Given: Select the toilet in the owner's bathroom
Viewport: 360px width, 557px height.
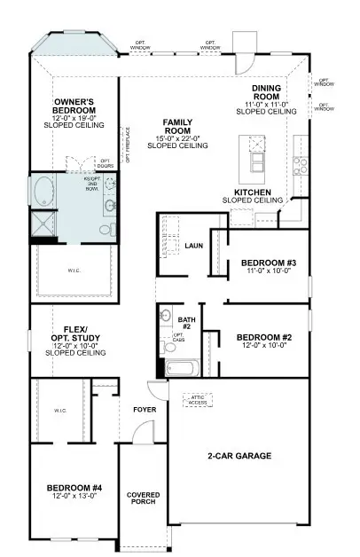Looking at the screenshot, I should (x=105, y=230).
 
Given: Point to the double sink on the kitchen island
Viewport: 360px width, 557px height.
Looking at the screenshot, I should (x=258, y=163).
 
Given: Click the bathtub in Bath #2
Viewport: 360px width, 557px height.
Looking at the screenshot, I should (x=183, y=366).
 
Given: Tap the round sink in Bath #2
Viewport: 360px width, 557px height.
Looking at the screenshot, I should (x=164, y=316).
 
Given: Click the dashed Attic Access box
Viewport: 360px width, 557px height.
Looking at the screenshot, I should (x=198, y=400).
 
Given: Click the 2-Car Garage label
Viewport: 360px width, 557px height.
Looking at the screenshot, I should (x=239, y=456).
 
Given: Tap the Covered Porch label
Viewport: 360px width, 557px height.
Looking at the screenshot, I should (x=143, y=498).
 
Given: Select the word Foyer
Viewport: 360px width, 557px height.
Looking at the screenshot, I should (x=144, y=410).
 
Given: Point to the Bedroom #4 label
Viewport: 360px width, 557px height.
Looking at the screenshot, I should (x=74, y=487).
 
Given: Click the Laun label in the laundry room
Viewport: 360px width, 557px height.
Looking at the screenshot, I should (x=194, y=246).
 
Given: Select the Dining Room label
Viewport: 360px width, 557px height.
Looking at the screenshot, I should (x=267, y=92).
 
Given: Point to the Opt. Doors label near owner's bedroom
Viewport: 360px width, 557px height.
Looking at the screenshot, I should (x=93, y=164).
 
